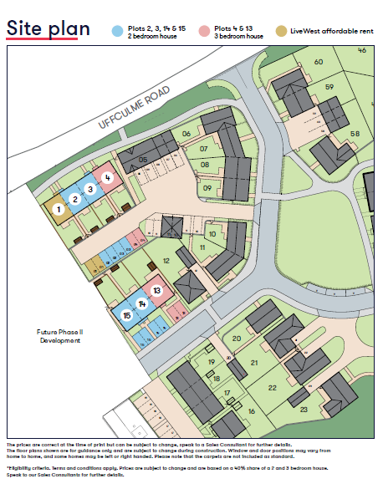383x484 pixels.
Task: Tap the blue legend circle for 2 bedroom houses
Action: (x=117, y=32)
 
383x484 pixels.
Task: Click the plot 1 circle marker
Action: (x=58, y=210)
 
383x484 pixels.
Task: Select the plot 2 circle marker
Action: (x=74, y=199)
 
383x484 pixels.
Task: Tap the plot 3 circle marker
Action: (x=90, y=188)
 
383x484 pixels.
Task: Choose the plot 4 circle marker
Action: (x=107, y=177)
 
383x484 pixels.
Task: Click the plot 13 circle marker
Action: (x=156, y=291)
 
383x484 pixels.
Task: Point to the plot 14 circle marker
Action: (x=142, y=303)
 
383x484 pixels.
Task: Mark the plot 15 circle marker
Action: (x=126, y=315)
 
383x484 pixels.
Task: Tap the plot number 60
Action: (x=318, y=62)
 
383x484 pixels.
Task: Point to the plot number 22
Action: (x=272, y=387)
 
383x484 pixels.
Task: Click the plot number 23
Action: (x=304, y=409)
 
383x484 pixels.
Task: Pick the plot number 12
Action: (x=166, y=262)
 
